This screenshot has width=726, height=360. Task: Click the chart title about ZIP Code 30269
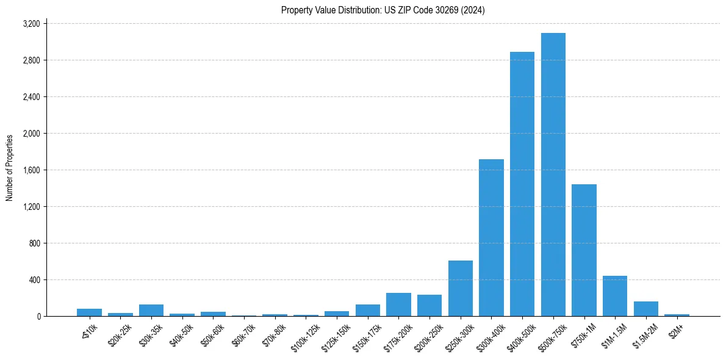click(383, 10)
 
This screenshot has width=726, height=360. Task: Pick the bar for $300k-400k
click(491, 238)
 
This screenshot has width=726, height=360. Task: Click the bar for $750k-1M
click(584, 250)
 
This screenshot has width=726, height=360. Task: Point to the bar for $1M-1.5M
click(615, 296)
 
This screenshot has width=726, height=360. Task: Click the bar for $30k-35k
click(151, 310)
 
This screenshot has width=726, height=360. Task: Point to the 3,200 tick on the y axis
click(31, 24)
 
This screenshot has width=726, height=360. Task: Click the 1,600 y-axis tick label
click(31, 170)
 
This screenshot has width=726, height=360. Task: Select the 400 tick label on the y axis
click(34, 280)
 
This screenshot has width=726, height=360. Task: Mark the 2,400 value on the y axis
click(31, 97)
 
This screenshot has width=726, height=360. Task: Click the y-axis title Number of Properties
click(10, 168)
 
